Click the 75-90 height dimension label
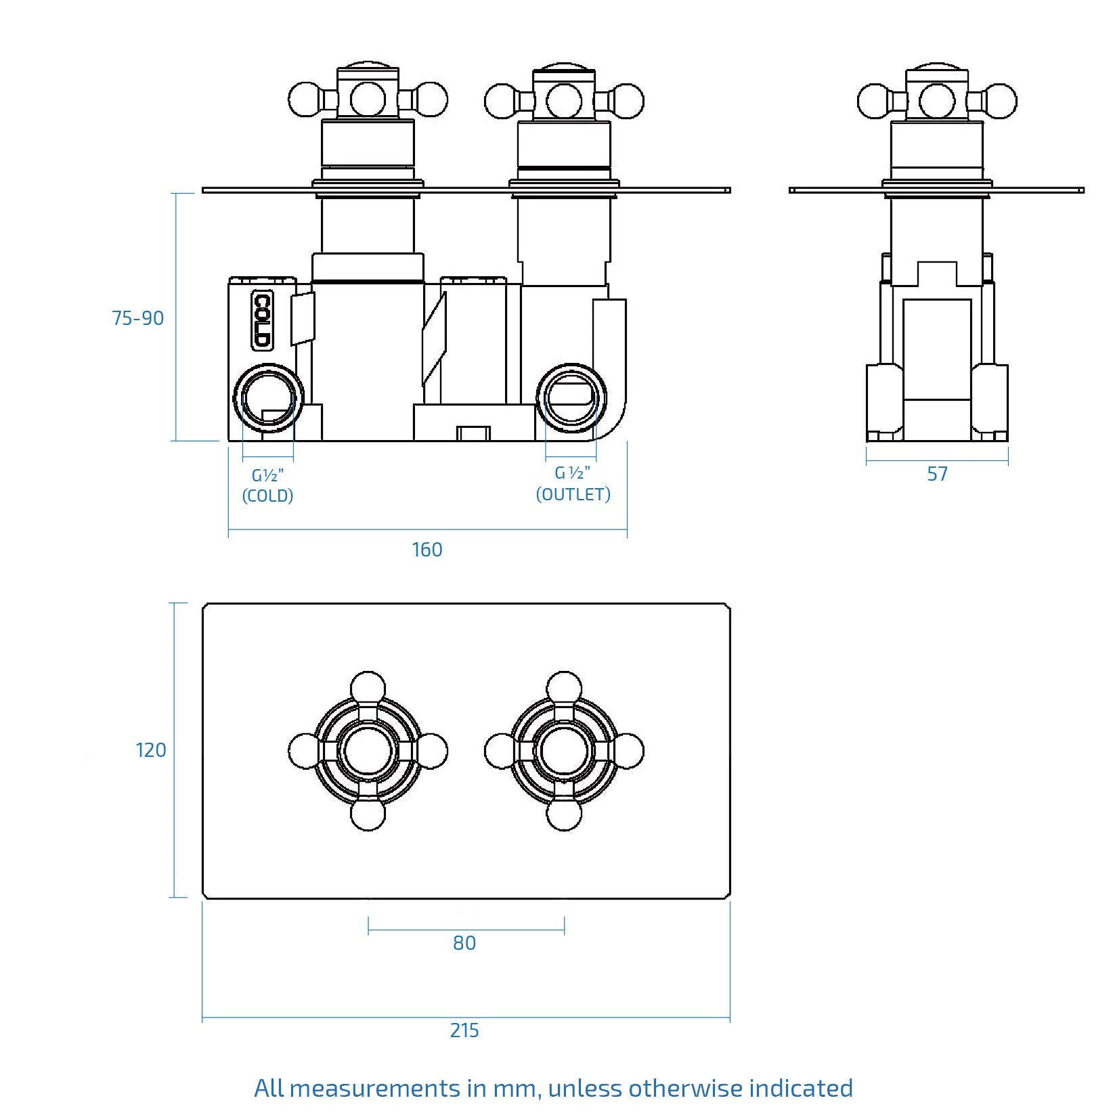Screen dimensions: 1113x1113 137,318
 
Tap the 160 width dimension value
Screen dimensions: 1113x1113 427,550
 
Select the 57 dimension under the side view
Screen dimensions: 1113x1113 937,474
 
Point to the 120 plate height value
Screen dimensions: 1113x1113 150,750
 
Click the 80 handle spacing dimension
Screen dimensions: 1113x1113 464,943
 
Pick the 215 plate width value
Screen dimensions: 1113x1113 464,1030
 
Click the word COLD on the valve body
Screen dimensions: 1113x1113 262,321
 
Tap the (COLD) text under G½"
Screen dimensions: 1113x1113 267,496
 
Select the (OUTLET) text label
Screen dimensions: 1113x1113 573,494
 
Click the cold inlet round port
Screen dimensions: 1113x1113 268,398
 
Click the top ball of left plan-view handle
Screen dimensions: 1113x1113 368,687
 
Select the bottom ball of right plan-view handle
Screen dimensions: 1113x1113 564,815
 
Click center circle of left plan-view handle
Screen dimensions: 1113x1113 368,751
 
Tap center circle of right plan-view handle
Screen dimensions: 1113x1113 564,751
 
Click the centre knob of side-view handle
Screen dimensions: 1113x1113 937,100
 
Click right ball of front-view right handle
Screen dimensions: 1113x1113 627,101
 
